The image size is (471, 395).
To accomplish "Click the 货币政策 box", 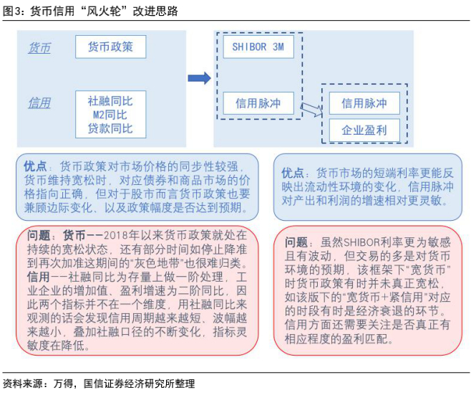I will click(110, 47).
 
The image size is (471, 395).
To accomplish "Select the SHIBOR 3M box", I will click(258, 47).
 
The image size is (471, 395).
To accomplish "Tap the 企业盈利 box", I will click(364, 130).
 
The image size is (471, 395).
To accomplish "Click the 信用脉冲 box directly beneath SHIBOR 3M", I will click(258, 104).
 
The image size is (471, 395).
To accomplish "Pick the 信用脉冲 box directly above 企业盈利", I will click(364, 104).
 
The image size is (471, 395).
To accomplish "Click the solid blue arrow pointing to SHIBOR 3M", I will click(199, 78).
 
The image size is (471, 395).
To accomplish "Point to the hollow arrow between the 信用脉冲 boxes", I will click(310, 109).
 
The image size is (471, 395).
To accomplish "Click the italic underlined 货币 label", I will click(39, 48).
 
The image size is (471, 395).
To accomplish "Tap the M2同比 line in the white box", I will click(110, 115).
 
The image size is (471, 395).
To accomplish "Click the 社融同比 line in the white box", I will click(110, 102).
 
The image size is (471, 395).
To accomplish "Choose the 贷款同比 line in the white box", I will click(110, 128).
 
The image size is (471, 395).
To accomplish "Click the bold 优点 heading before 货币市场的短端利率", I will click(293, 173).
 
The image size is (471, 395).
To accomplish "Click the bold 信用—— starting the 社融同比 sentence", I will click(43, 276).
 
